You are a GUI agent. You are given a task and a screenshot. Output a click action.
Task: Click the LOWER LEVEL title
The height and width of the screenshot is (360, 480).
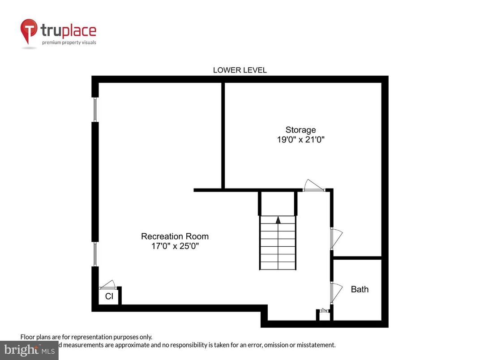(x=240, y=70)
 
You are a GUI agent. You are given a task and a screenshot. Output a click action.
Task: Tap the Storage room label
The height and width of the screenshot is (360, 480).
(x=300, y=130)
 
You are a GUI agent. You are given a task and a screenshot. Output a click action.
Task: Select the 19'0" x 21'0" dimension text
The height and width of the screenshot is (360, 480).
(x=300, y=140)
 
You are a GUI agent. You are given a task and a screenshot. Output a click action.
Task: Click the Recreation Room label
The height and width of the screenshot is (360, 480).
(x=175, y=236)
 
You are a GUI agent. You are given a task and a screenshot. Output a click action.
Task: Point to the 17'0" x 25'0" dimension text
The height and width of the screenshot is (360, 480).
(x=175, y=246)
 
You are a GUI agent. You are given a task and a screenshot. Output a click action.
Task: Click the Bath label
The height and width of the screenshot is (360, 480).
(x=360, y=289)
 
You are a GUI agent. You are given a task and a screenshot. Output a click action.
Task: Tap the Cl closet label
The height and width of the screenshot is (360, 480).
(x=109, y=296)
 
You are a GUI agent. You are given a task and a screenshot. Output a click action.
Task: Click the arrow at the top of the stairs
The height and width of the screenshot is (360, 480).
(x=278, y=220)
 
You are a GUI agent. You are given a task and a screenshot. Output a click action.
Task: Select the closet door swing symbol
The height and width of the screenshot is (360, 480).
(x=108, y=285)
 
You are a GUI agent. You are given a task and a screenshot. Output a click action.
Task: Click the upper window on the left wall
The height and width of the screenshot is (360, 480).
(x=95, y=109)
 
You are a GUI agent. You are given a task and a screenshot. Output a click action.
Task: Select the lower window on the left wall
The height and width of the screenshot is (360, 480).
(x=95, y=254)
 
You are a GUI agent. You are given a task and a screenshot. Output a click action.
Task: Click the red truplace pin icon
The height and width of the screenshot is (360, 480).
(x=29, y=31)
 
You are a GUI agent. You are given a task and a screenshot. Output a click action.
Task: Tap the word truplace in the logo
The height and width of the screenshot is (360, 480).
(x=68, y=30)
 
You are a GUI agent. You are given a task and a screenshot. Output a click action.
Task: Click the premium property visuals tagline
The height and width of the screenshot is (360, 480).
(x=69, y=43)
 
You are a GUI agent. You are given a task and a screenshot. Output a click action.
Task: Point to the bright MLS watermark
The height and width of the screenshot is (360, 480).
(x=29, y=350)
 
